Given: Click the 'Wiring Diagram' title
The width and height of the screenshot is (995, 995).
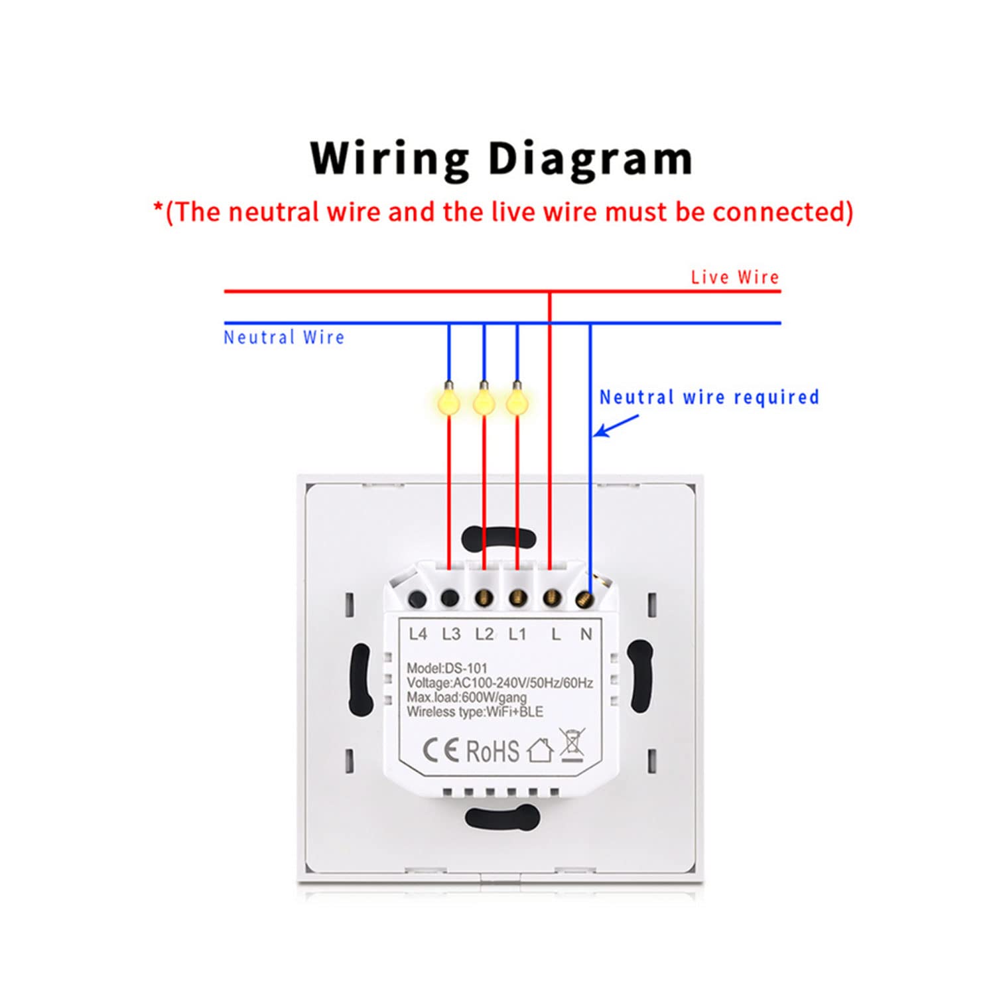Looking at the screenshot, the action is pyautogui.click(x=501, y=160).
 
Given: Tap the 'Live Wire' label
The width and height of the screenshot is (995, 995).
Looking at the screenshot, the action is pyautogui.click(x=735, y=277).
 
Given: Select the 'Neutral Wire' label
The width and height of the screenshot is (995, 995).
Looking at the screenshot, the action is pyautogui.click(x=284, y=337).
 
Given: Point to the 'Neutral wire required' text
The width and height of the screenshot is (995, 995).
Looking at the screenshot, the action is pyautogui.click(x=709, y=397).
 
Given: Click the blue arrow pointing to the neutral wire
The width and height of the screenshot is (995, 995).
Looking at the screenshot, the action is pyautogui.click(x=616, y=426).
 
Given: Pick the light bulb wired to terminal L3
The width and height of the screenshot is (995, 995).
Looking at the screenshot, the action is pyautogui.click(x=449, y=399).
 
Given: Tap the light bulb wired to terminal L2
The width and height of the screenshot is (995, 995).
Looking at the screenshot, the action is pyautogui.click(x=484, y=399).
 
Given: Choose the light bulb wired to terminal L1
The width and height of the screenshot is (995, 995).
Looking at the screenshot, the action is pyautogui.click(x=517, y=399).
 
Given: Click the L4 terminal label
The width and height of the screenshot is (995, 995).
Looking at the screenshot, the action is pyautogui.click(x=418, y=634).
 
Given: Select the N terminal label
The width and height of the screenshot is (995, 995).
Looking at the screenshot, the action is pyautogui.click(x=586, y=634).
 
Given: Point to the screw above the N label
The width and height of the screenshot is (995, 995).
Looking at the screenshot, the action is pyautogui.click(x=583, y=600).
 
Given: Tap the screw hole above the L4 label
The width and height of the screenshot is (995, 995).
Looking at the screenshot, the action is pyautogui.click(x=417, y=600).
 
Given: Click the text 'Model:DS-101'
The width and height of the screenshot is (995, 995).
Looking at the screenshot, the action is pyautogui.click(x=447, y=668).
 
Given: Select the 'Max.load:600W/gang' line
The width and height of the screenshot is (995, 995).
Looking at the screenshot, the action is pyautogui.click(x=467, y=697).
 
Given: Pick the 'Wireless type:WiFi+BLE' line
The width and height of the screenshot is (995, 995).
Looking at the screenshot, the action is pyautogui.click(x=475, y=712).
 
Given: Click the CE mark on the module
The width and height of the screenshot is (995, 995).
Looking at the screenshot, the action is pyautogui.click(x=441, y=750).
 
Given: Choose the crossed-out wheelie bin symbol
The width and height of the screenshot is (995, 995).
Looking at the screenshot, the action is pyautogui.click(x=572, y=744).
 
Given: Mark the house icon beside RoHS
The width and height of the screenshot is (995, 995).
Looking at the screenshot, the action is pyautogui.click(x=540, y=750).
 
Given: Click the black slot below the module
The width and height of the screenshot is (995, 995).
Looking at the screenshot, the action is pyautogui.click(x=502, y=817).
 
